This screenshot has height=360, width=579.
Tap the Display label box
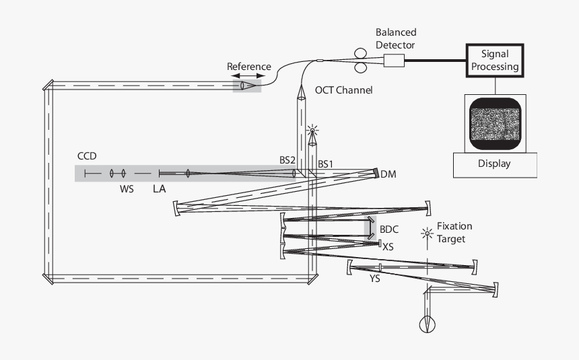[x=494, y=164]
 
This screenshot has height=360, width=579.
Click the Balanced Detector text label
[x=396, y=38]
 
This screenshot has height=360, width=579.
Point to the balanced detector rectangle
[x=394, y=61]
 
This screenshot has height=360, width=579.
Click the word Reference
[x=248, y=66]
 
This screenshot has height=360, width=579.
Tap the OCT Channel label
[x=343, y=90]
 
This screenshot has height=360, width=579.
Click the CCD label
[x=87, y=156]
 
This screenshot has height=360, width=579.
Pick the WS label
[x=127, y=189]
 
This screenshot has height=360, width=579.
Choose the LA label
[x=159, y=189]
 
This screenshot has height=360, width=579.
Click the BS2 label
[x=287, y=161]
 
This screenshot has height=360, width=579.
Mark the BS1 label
[x=326, y=163]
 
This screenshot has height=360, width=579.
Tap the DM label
[x=388, y=174]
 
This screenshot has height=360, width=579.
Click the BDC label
[x=389, y=229]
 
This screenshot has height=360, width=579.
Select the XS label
[x=388, y=247]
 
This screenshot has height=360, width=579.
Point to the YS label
[x=375, y=278]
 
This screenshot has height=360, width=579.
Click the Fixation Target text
[x=454, y=232]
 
